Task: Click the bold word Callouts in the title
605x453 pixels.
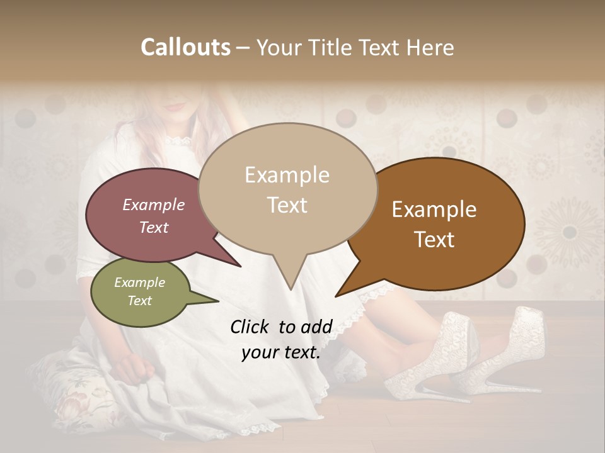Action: [185, 47]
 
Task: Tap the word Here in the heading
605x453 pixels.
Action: [430, 47]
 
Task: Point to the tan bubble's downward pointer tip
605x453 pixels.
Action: [291, 289]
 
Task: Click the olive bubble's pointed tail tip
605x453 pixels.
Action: [218, 301]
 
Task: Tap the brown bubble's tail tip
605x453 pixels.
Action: [336, 296]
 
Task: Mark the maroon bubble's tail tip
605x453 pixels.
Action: [241, 266]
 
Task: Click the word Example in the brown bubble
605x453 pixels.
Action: [434, 210]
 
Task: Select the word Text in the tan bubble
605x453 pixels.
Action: [287, 205]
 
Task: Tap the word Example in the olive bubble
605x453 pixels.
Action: [139, 282]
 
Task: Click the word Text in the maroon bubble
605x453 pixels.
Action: [154, 227]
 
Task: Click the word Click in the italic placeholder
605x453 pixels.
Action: [251, 327]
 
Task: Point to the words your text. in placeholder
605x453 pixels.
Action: [281, 352]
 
